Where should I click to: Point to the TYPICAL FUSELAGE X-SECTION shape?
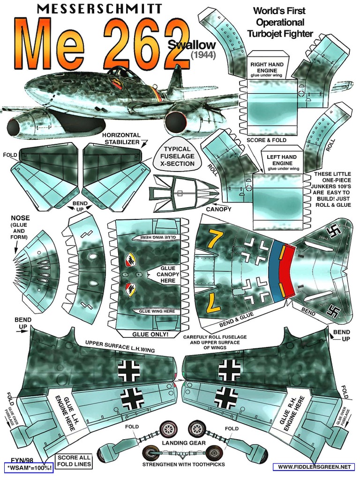click(176, 157)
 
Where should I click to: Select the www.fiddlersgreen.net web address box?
click(314, 467)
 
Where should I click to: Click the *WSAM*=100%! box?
click(29, 468)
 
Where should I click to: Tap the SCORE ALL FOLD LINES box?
click(74, 461)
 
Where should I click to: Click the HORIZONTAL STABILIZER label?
click(121, 138)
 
